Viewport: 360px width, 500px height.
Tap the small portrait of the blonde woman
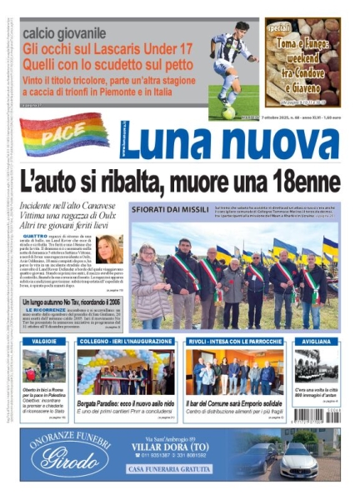[109, 248]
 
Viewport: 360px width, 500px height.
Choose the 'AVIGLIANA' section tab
[313, 340]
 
